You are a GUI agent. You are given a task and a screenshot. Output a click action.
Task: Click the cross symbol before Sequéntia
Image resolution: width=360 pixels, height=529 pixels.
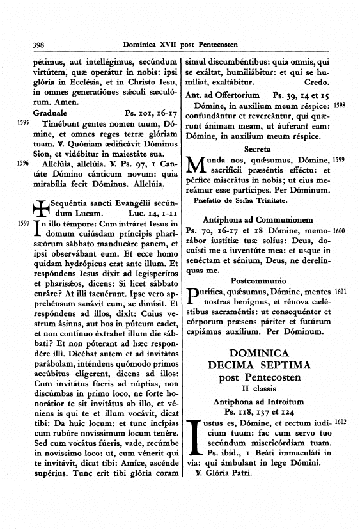click(40, 207)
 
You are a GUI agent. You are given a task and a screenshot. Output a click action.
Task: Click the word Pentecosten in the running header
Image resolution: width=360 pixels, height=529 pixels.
click(213, 45)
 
